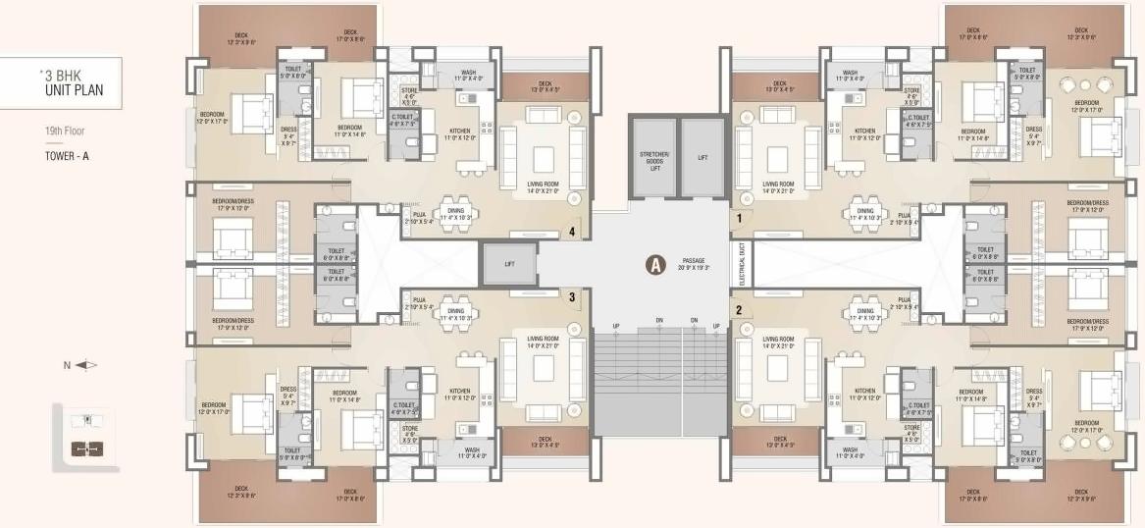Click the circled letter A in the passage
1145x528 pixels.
[653, 263]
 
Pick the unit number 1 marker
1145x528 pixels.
[738, 219]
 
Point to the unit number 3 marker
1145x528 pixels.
[572, 294]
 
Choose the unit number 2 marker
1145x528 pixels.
[738, 310]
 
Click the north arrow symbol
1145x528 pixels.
[86, 365]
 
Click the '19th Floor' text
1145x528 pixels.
[61, 130]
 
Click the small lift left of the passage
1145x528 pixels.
[508, 264]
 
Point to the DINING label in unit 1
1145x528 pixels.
[865, 213]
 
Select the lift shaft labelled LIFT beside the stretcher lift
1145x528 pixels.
[702, 157]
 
